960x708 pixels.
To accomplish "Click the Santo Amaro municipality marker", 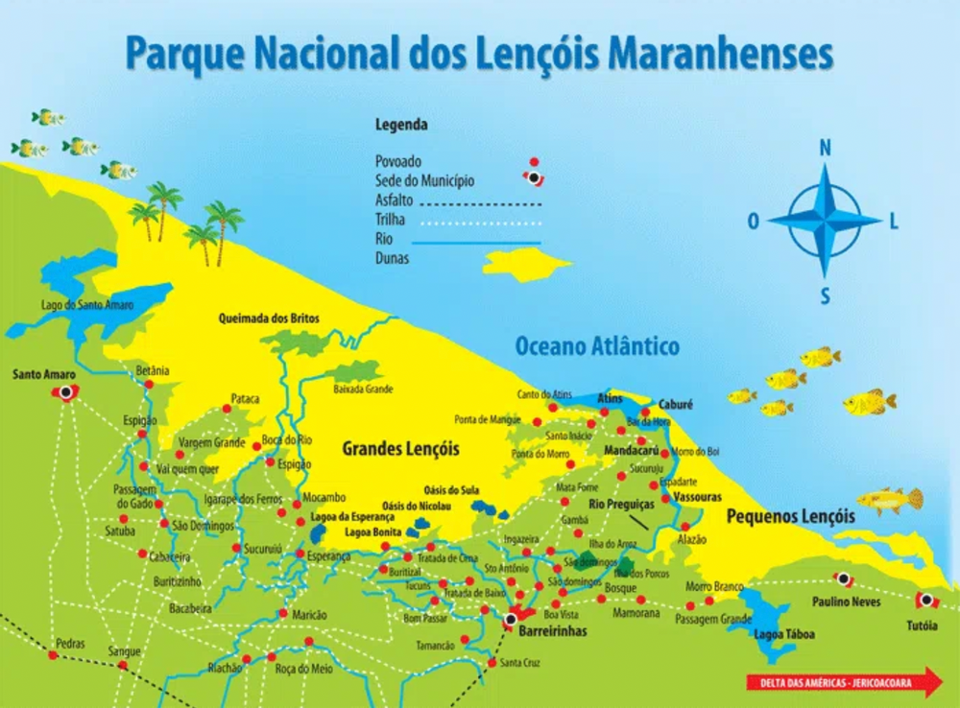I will click(65, 392).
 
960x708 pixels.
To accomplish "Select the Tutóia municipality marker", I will click(925, 601).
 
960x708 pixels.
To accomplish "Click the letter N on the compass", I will click(824, 148).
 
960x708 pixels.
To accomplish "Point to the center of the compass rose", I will click(824, 221).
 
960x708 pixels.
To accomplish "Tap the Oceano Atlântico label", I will click(597, 346).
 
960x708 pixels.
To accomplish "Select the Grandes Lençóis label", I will click(400, 449).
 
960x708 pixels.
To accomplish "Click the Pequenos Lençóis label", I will click(790, 516).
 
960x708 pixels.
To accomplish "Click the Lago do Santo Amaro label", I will click(87, 305).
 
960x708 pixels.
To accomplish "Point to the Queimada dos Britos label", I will click(269, 319).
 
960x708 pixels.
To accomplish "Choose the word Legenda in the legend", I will click(401, 125).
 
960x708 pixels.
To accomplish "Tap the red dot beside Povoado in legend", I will click(534, 162).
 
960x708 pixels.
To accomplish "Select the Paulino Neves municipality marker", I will click(844, 579).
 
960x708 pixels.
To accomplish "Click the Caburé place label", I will click(675, 405).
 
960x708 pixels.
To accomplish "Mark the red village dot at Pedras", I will click(53, 655).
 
